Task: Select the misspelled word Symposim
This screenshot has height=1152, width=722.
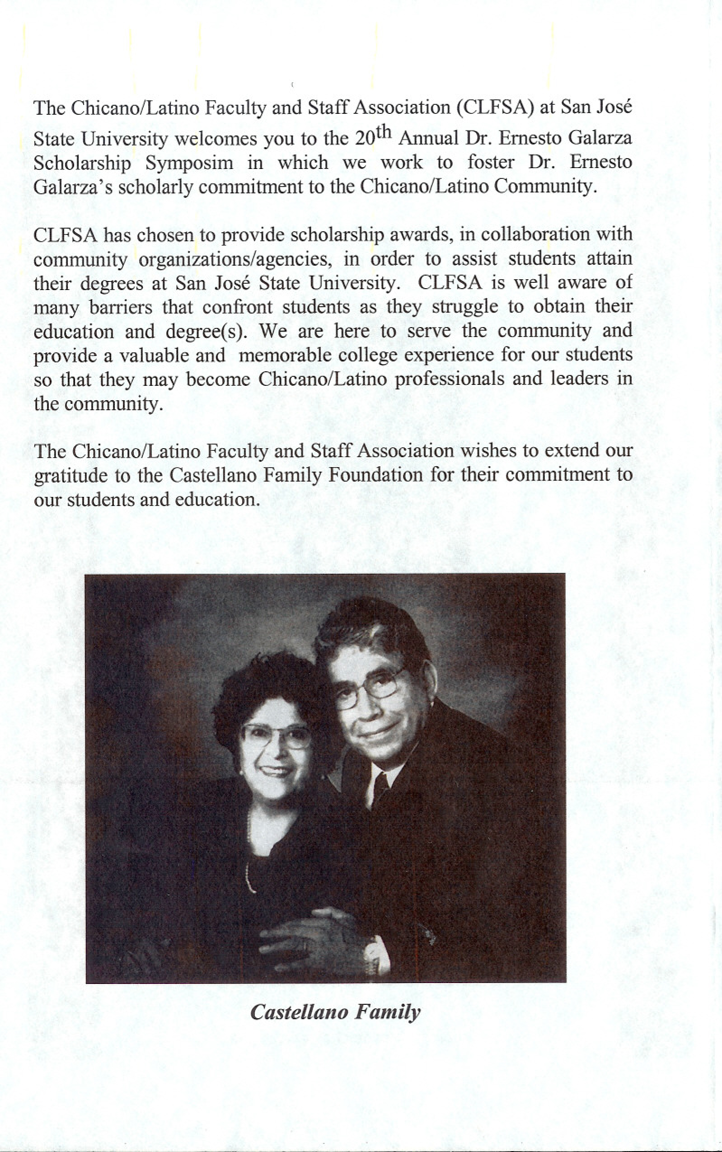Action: [189, 163]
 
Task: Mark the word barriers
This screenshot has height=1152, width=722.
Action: [120, 307]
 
